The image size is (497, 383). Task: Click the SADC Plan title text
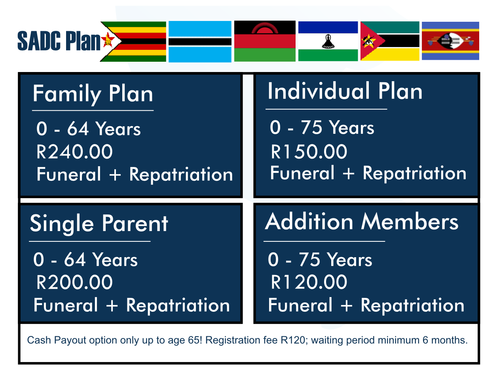coord(59,41)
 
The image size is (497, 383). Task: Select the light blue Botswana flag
coord(200,42)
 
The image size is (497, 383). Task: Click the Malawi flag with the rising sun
coord(265,41)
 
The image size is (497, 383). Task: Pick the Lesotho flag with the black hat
coord(328,41)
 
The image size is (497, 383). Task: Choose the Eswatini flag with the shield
coord(450,41)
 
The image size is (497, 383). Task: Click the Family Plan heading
coord(93,94)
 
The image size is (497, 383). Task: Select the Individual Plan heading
coord(345,91)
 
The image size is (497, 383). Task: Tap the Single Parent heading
coord(99,224)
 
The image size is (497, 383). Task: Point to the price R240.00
coord(74,152)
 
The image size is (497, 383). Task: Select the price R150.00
coord(309,152)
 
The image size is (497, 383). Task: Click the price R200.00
coord(74,283)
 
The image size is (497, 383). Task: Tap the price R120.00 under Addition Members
coord(309,283)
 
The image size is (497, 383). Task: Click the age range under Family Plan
coord(88,129)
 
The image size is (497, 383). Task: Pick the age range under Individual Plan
coord(322,128)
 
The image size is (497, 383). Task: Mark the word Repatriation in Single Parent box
coord(178,305)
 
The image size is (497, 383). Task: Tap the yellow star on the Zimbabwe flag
coord(107,40)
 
